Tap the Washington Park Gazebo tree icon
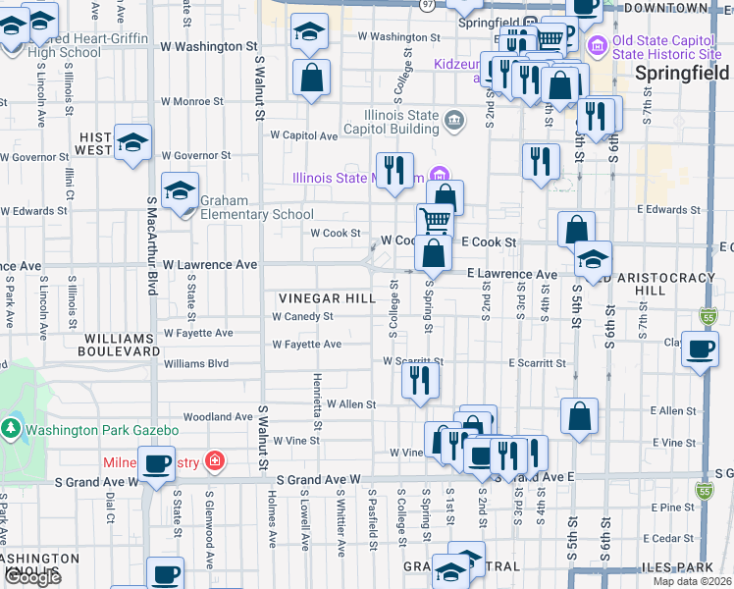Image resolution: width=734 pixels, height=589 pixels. pyautogui.click(x=11, y=429)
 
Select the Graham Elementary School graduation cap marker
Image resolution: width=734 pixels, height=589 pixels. pyautogui.click(x=181, y=190)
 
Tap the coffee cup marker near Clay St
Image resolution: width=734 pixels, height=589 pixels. pyautogui.click(x=700, y=350)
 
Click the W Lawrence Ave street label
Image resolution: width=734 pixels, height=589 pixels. pyautogui.click(x=210, y=264)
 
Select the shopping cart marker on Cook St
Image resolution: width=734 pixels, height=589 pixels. pyautogui.click(x=435, y=220)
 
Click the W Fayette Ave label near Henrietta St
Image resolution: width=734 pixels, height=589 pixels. pyautogui.click(x=307, y=344)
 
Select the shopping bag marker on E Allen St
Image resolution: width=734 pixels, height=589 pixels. pyautogui.click(x=580, y=415)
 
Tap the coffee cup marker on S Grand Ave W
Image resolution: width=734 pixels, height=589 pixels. pyautogui.click(x=155, y=462)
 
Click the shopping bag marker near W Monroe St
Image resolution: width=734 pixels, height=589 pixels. pyautogui.click(x=311, y=80)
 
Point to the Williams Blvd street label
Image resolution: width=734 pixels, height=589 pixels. pyautogui.click(x=196, y=362)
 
